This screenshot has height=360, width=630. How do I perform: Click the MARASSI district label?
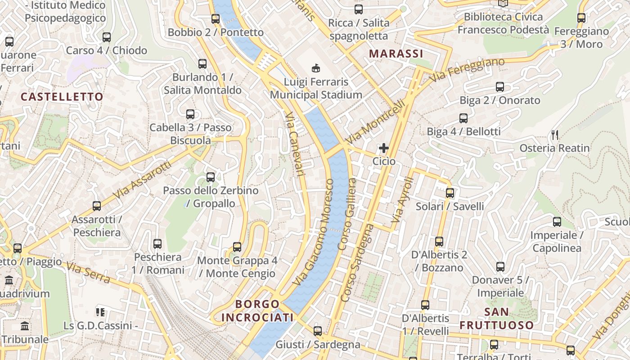[396, 54]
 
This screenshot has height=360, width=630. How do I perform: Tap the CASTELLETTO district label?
[62, 97]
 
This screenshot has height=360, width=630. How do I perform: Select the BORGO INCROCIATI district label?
[257, 311]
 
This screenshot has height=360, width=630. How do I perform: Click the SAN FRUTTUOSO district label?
[497, 318]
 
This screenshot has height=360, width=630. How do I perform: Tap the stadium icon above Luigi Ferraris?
[316, 68]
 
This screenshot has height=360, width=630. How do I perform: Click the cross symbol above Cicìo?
[384, 148]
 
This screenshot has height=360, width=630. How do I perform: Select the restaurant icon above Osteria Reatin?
[555, 135]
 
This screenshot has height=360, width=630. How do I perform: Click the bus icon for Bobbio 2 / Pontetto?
[216, 19]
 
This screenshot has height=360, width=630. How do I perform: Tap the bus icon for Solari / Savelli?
[450, 193]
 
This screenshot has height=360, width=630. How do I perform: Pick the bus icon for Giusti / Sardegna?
[318, 331]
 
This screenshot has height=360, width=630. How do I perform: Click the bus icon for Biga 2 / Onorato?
[500, 87]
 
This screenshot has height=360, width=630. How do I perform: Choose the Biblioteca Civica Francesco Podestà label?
[503, 23]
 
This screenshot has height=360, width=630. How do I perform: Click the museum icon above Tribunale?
[25, 326]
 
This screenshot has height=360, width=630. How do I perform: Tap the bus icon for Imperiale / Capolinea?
[557, 222]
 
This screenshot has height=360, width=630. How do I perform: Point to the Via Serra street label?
[88, 272]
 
